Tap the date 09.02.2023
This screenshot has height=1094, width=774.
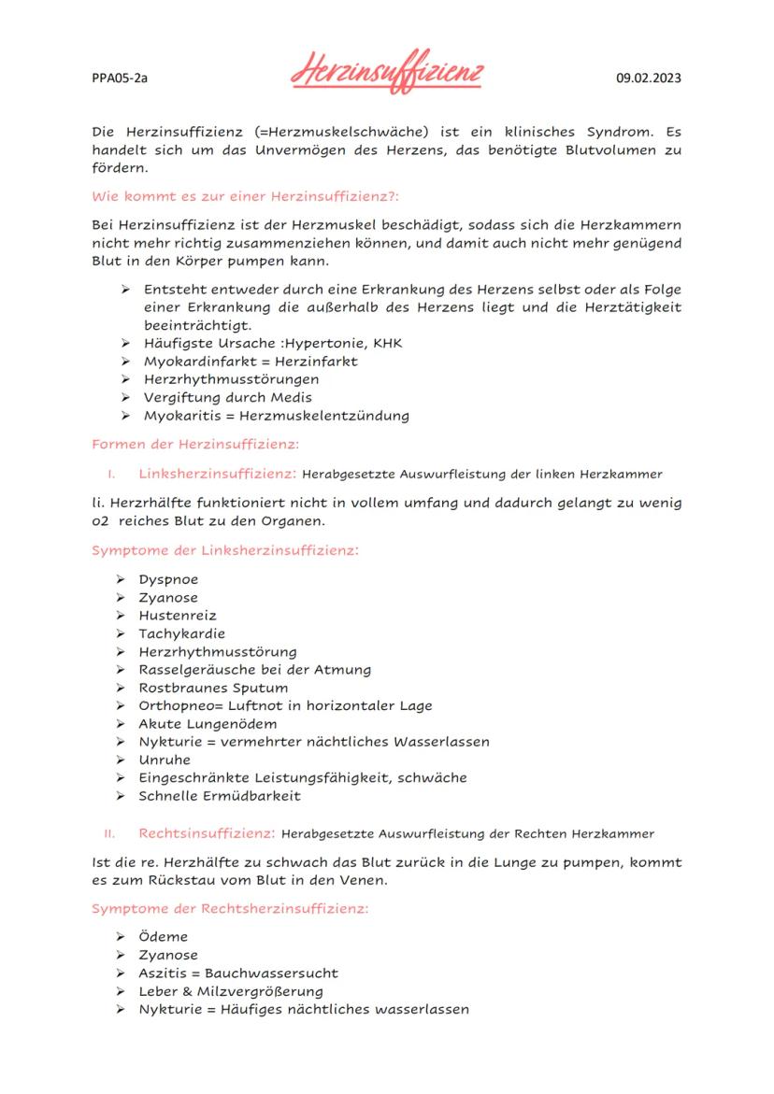[649, 78]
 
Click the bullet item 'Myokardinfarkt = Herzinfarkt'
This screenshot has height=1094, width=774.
[250, 361]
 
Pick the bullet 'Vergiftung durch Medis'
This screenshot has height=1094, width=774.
[227, 397]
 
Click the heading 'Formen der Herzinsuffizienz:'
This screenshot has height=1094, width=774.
[194, 444]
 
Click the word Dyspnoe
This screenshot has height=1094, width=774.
[168, 579]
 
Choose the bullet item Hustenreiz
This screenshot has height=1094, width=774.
[178, 616]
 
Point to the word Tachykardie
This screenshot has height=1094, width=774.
[181, 633]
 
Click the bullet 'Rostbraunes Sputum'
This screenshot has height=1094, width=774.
[213, 688]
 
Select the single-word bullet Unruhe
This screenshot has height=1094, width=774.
[165, 760]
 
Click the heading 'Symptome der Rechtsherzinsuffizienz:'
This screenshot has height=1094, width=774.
[231, 907]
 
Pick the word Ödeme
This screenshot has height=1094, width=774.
[163, 937]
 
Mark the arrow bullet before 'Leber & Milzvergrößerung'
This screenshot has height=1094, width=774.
[121, 991]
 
